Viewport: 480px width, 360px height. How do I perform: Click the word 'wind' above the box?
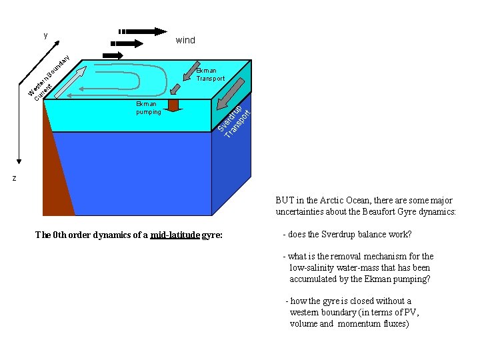[x=185, y=41]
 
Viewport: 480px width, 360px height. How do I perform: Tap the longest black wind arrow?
[x=143, y=31]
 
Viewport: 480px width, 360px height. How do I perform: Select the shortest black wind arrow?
[x=113, y=55]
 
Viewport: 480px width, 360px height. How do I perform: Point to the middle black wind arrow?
[x=130, y=43]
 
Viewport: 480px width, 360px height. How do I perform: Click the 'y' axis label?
[x=45, y=35]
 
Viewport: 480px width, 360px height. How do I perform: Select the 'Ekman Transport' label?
[x=210, y=74]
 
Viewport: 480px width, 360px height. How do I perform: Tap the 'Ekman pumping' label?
[x=148, y=108]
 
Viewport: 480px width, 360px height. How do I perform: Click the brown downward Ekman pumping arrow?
[x=174, y=105]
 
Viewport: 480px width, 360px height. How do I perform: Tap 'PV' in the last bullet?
[x=411, y=313]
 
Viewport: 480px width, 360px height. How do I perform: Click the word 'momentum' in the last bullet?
[x=359, y=324]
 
